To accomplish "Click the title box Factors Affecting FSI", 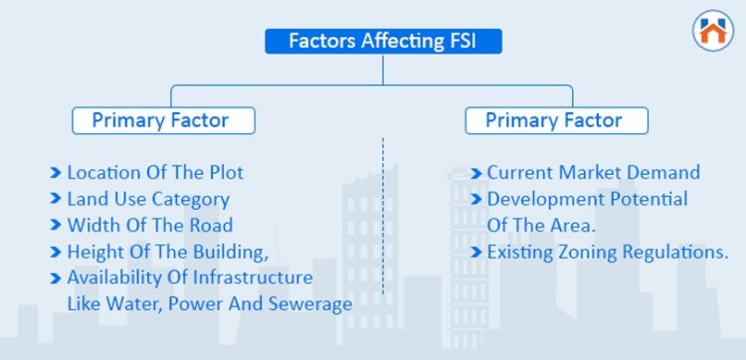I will [x=383, y=41].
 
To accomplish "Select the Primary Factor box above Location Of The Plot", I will [x=163, y=120].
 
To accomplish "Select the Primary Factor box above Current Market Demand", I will [x=556, y=120].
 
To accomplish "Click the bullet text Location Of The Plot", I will [x=154, y=172].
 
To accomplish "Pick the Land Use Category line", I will [x=147, y=199].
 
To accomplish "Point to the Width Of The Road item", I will [x=149, y=225].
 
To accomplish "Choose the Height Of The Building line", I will [x=167, y=252].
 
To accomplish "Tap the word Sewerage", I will [x=312, y=304].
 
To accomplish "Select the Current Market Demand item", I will [x=593, y=172].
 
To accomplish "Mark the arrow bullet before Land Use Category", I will [x=56, y=199].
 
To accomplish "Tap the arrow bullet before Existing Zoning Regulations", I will [x=476, y=252].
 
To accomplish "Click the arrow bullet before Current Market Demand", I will [x=476, y=172].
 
